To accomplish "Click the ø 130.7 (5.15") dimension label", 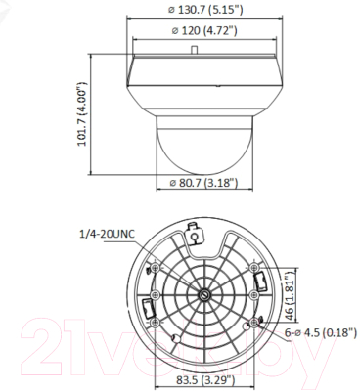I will point(204,10).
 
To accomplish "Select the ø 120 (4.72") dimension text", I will point(204,31).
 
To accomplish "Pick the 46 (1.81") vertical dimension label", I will point(291,293).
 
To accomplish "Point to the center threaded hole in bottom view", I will point(203,295).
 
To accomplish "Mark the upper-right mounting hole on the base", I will point(252,270).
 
